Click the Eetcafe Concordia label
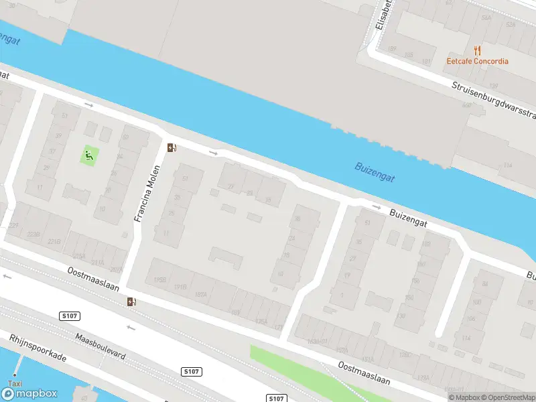478,62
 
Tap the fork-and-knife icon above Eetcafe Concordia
477,50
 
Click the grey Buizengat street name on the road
409,219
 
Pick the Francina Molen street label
149,194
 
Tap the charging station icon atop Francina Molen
172,148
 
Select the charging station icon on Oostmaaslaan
133,302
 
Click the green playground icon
88,156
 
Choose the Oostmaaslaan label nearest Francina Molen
93,279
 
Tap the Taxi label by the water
15,384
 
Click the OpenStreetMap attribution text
509,397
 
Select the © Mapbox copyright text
464,397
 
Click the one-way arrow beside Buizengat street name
377,208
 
